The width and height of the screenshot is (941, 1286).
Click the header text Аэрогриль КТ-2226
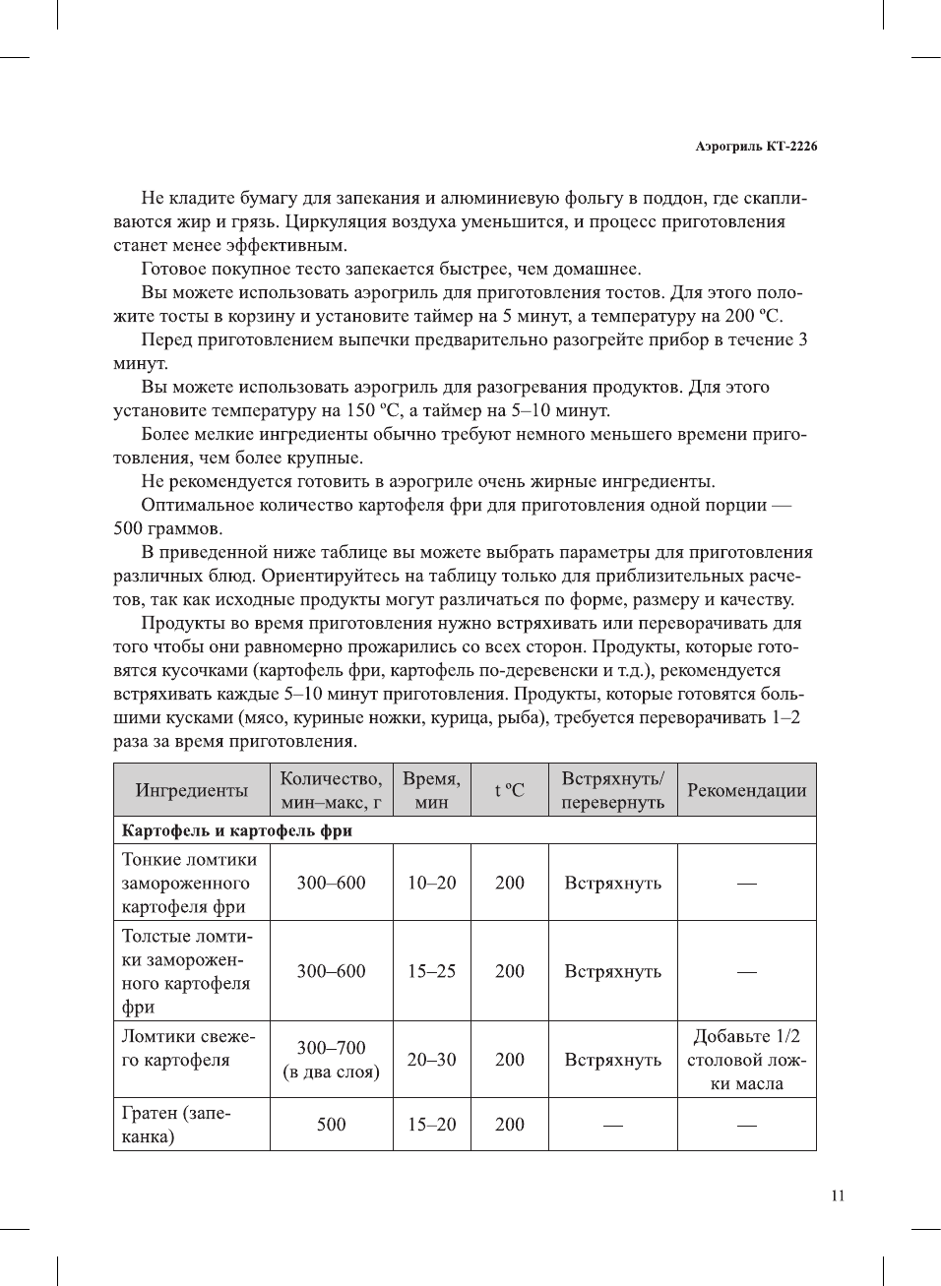755,147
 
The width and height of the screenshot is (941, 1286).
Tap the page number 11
837,1195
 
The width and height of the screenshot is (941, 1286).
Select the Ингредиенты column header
191,790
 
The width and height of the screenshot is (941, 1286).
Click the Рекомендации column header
746,790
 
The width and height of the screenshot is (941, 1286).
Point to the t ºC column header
509,790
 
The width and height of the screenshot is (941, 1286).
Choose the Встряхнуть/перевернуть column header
612,790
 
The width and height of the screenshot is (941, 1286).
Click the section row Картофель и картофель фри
237,830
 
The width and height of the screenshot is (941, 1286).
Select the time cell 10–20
431,883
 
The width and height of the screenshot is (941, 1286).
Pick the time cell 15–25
431,971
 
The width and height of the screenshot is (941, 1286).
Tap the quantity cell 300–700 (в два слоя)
331,1060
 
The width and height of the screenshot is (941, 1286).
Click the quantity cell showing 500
331,1124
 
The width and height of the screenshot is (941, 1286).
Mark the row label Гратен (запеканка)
176,1124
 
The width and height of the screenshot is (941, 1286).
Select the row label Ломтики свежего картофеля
188,1048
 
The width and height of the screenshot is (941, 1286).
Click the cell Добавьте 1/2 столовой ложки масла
746,1060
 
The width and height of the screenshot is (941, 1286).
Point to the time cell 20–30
431,1060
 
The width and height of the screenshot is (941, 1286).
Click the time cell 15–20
431,1124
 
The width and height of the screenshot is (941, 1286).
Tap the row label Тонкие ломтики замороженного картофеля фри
188,883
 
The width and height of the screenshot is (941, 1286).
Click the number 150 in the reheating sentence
360,410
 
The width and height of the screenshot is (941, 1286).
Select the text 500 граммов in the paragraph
167,528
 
